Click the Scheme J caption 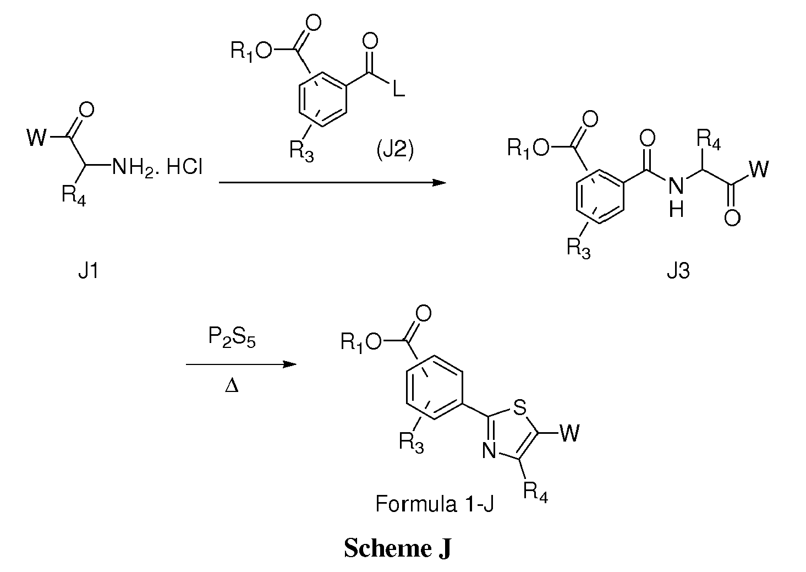pos(398,548)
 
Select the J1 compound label pos(88,270)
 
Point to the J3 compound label pos(678,270)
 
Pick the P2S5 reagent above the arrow pos(232,337)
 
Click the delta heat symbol pos(232,386)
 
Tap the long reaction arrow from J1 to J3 pos(332,183)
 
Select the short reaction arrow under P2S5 pos(241,364)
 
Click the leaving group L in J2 pos(399,89)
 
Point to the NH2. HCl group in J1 pos(157,167)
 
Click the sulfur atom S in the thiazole pos(519,408)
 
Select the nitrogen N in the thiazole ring pos(490,451)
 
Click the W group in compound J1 pos(37,137)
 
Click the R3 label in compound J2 pos(301,151)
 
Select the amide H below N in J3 pos(676,210)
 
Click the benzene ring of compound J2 pos(323,99)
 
